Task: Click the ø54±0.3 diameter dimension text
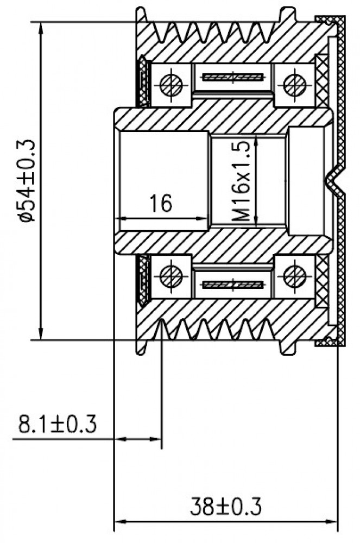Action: pyautogui.click(x=28, y=180)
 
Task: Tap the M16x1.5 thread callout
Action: pyautogui.click(x=241, y=181)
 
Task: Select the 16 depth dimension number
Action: pyautogui.click(x=161, y=203)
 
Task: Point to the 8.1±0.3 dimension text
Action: pyautogui.click(x=58, y=424)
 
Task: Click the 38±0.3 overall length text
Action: pyautogui.click(x=226, y=506)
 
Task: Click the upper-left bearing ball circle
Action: pyautogui.click(x=172, y=85)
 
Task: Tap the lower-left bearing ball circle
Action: pyautogui.click(x=172, y=276)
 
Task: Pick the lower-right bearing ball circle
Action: pyautogui.click(x=295, y=276)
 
